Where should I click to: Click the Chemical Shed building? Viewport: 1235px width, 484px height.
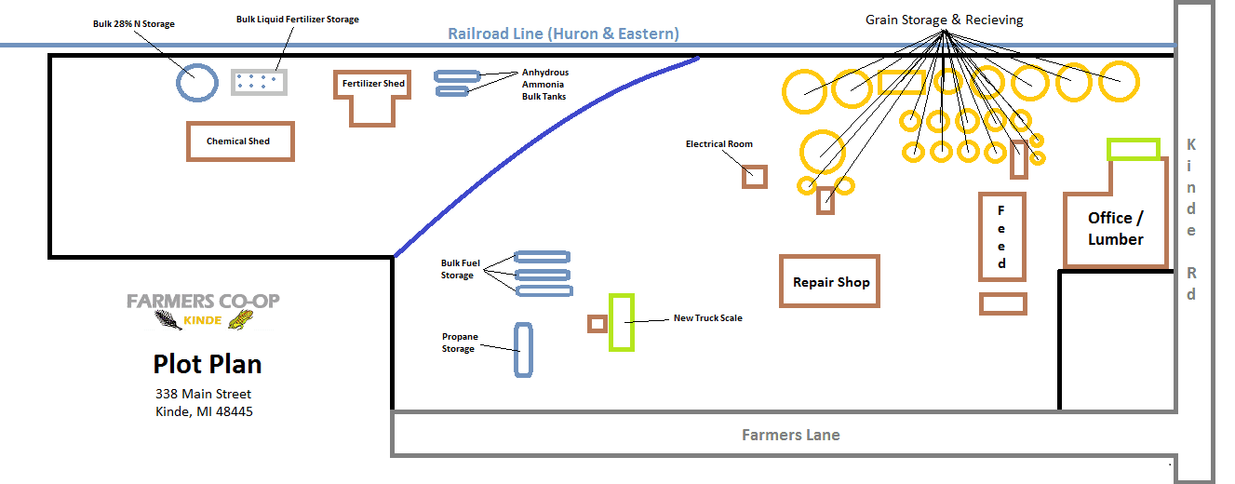tap(240, 141)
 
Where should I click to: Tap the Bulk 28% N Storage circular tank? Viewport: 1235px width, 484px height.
tap(196, 82)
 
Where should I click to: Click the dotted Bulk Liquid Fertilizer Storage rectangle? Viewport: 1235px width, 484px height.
tap(259, 82)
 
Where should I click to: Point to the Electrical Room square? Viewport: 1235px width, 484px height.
tap(755, 176)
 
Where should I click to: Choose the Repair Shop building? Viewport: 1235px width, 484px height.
tap(830, 282)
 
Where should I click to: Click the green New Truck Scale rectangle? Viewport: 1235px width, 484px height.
tap(622, 322)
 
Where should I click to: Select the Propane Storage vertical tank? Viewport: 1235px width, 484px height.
tap(523, 350)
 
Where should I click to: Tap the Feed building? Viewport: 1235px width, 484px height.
tap(1001, 237)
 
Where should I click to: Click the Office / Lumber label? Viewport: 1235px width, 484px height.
tap(1115, 228)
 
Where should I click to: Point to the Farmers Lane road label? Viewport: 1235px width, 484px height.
tap(790, 435)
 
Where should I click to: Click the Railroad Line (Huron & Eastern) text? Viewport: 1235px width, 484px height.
tap(563, 34)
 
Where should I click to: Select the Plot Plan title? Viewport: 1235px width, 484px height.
tap(208, 363)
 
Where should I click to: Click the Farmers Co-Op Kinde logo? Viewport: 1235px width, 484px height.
tap(203, 311)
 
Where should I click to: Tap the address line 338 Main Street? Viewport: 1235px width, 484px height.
tap(204, 394)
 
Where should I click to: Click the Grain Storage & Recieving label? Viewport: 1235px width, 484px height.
tap(944, 19)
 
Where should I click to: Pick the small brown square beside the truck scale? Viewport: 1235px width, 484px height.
tap(597, 324)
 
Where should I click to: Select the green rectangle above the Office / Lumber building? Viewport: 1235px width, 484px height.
tap(1134, 149)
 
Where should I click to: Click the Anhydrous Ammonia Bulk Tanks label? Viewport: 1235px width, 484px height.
tap(544, 84)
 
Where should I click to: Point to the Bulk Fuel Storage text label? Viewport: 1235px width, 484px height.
tap(457, 269)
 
